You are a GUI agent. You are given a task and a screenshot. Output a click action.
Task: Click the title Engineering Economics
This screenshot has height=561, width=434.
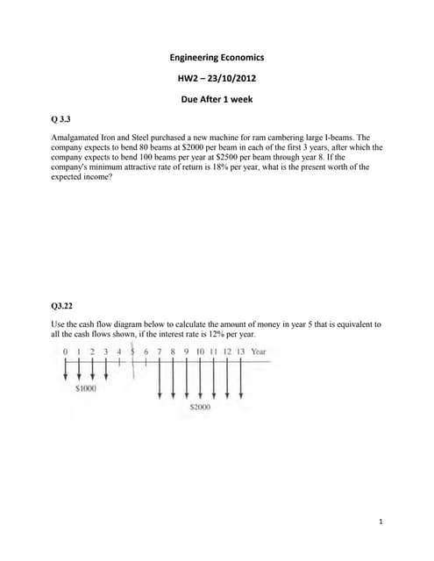(x=217, y=58)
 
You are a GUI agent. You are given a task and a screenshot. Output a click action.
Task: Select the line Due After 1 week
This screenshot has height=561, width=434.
(x=217, y=99)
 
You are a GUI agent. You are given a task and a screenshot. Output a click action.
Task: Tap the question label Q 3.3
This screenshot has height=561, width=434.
(x=61, y=118)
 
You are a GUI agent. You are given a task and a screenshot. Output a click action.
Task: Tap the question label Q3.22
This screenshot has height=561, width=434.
(x=62, y=306)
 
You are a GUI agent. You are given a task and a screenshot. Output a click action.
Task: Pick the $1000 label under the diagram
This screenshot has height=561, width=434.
(x=85, y=387)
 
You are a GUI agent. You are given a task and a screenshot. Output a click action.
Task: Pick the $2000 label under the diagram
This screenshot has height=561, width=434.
(x=200, y=408)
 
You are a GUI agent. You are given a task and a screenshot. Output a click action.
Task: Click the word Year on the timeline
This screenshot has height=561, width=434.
(x=258, y=352)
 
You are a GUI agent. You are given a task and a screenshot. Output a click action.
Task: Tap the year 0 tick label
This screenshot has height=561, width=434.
(x=66, y=352)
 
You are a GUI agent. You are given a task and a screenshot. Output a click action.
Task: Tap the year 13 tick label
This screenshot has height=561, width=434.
(x=240, y=352)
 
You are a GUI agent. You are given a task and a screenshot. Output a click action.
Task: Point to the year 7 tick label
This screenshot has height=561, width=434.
(x=160, y=352)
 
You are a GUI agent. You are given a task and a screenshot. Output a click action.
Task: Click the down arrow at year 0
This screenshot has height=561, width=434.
(x=66, y=370)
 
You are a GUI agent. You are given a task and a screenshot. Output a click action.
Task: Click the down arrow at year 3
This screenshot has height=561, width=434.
(x=106, y=370)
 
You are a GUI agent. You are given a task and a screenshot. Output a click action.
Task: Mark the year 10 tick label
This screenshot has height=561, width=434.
(x=200, y=352)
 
